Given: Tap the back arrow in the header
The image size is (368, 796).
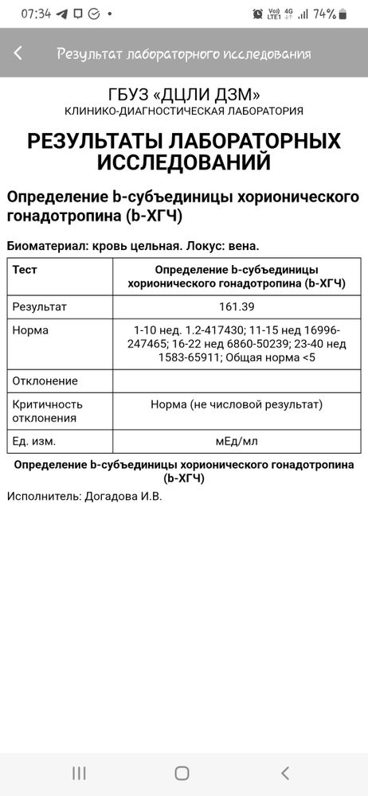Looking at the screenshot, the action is tap(18, 53).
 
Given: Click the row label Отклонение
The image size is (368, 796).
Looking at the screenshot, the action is tap(45, 381).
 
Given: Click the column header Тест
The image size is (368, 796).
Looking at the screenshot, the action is tap(25, 270).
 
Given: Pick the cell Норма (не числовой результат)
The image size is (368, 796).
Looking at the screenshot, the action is tap(236, 404).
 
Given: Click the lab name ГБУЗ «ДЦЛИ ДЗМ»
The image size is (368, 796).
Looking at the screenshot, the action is tap(184, 94).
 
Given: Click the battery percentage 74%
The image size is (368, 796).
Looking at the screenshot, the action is tap(324, 14).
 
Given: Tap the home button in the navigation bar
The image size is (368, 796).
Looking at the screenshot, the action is tap(182, 773).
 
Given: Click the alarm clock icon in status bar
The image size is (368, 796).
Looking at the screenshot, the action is tap(257, 14).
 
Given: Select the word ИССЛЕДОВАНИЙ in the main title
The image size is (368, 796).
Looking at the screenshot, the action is tap(184, 163).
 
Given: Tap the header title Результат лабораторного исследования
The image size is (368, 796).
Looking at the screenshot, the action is tap(183, 53).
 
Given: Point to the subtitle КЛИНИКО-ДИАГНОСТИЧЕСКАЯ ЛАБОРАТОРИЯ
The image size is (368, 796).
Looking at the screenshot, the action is tap(184, 111).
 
